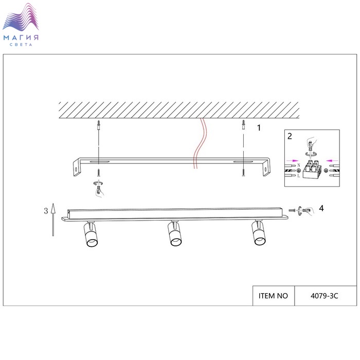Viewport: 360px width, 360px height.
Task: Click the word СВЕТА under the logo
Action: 21,44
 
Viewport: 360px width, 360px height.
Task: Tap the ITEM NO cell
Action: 273,296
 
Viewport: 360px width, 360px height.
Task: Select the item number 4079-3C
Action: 324,296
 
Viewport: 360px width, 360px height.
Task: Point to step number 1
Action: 259,128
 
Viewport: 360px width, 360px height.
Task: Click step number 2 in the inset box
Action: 290,136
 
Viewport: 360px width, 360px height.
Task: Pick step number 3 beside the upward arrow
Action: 46,211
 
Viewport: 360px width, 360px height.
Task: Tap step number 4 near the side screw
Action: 321,208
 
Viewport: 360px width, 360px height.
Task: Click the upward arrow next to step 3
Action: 53,220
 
